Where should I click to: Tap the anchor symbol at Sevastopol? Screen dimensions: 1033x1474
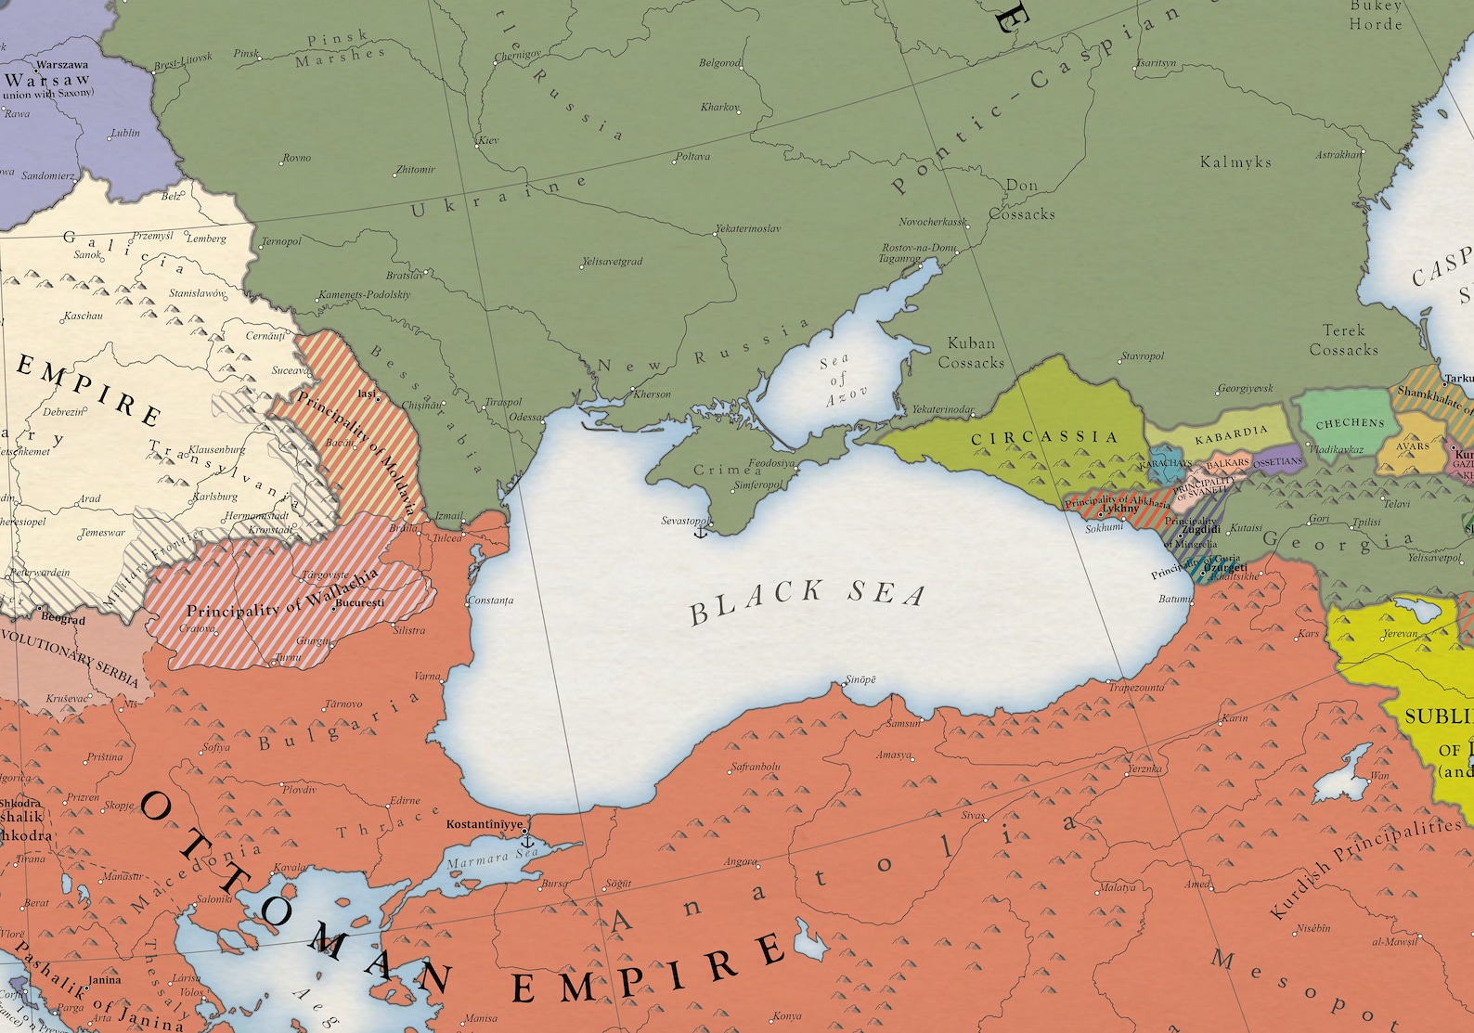(701, 531)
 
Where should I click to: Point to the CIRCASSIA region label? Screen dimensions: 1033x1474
(1044, 437)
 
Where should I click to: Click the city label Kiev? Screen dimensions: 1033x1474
(488, 140)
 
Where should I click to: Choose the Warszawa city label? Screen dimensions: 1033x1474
(61, 65)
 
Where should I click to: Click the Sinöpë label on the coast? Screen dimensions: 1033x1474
(860, 679)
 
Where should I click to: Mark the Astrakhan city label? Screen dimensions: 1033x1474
(1338, 155)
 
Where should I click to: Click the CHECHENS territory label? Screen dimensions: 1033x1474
(1349, 423)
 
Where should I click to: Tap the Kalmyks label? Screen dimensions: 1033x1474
(1235, 161)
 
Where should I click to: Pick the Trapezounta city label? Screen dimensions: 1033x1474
(1136, 688)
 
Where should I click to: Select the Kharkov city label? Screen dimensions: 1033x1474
(719, 108)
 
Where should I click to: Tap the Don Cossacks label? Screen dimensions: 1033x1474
(1021, 200)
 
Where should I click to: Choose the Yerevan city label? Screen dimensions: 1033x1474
(1400, 634)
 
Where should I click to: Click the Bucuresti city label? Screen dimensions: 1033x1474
(359, 602)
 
